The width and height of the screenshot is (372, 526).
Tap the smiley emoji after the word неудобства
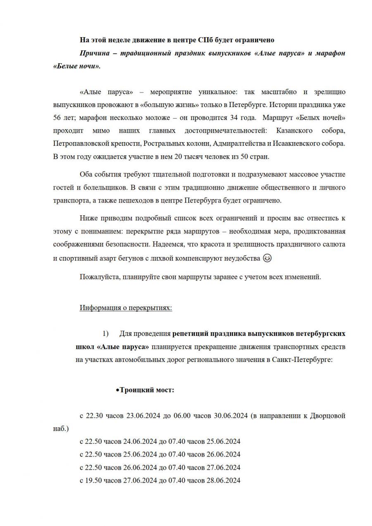pyautogui.click(x=267, y=258)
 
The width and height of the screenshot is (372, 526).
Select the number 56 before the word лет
pyautogui.click(x=57, y=117)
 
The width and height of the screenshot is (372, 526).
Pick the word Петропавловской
pyautogui.click(x=79, y=144)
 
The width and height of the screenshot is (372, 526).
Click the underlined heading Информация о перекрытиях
pyautogui.click(x=126, y=308)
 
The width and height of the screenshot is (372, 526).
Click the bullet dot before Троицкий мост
pyautogui.click(x=117, y=390)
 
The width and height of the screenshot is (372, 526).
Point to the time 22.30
pyautogui.click(x=93, y=415)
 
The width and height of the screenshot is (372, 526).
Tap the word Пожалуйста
pyautogui.click(x=99, y=277)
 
